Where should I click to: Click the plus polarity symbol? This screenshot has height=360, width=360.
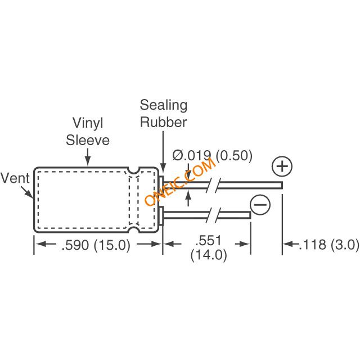coord(282,166)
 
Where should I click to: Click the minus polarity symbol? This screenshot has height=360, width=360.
coord(260,204)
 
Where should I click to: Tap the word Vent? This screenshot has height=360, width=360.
coord(15,178)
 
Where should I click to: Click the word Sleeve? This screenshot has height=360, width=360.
coord(88,139)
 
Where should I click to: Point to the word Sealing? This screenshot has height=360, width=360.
coord(164,105)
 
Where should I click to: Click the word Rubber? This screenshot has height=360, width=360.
coord(164,122)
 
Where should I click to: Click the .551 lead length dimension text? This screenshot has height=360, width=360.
coord(210,240)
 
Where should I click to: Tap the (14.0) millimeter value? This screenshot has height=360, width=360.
coord(208,255)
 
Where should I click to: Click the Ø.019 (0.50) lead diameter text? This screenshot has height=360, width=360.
coord(212,155)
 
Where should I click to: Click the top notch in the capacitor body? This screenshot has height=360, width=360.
coord(133,169)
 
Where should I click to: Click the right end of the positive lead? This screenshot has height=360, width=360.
coord(280,184)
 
